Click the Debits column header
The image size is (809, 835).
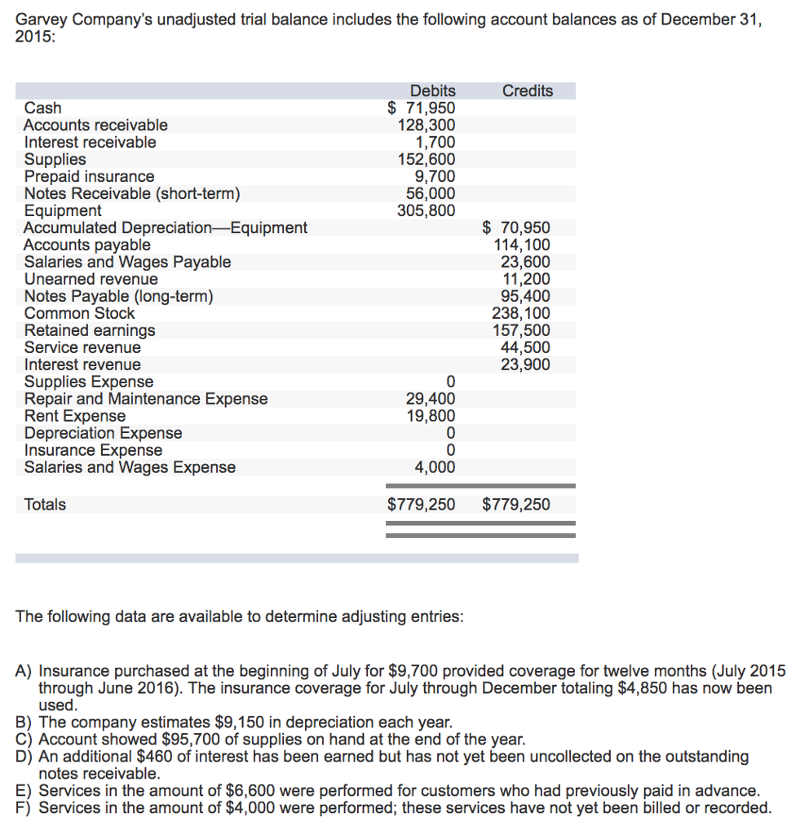click(432, 91)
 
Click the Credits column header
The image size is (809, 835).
click(527, 91)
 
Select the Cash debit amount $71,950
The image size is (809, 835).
click(421, 108)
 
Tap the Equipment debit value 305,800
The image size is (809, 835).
click(421, 210)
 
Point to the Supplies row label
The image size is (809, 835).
click(55, 159)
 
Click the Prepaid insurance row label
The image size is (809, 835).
click(89, 176)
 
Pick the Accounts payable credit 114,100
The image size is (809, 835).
click(522, 245)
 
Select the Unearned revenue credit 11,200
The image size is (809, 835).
click(525, 279)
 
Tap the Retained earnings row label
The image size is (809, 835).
click(89, 330)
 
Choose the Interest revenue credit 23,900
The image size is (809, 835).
click(525, 364)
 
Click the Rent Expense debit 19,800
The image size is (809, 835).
click(431, 416)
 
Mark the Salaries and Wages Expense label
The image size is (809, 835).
click(130, 467)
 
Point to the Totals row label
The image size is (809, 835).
click(45, 504)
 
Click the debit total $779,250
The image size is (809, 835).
click(421, 504)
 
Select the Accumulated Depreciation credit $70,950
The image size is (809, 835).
click(516, 228)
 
